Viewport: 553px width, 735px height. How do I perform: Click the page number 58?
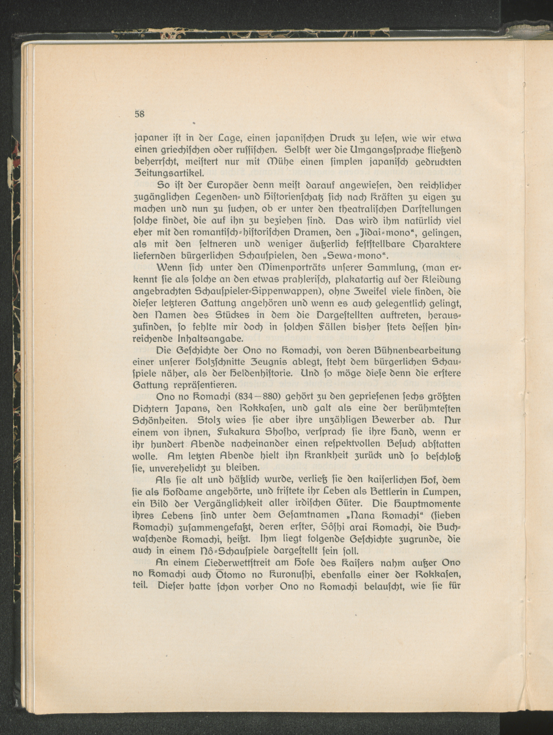[139, 114]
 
